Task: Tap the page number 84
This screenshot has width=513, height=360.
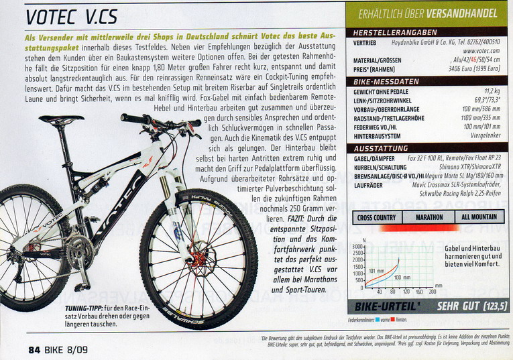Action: (35, 349)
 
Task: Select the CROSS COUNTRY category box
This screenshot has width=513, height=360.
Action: (377, 217)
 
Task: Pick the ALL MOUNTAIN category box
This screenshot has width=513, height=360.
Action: (479, 217)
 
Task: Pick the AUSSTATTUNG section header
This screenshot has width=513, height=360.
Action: (378, 147)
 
